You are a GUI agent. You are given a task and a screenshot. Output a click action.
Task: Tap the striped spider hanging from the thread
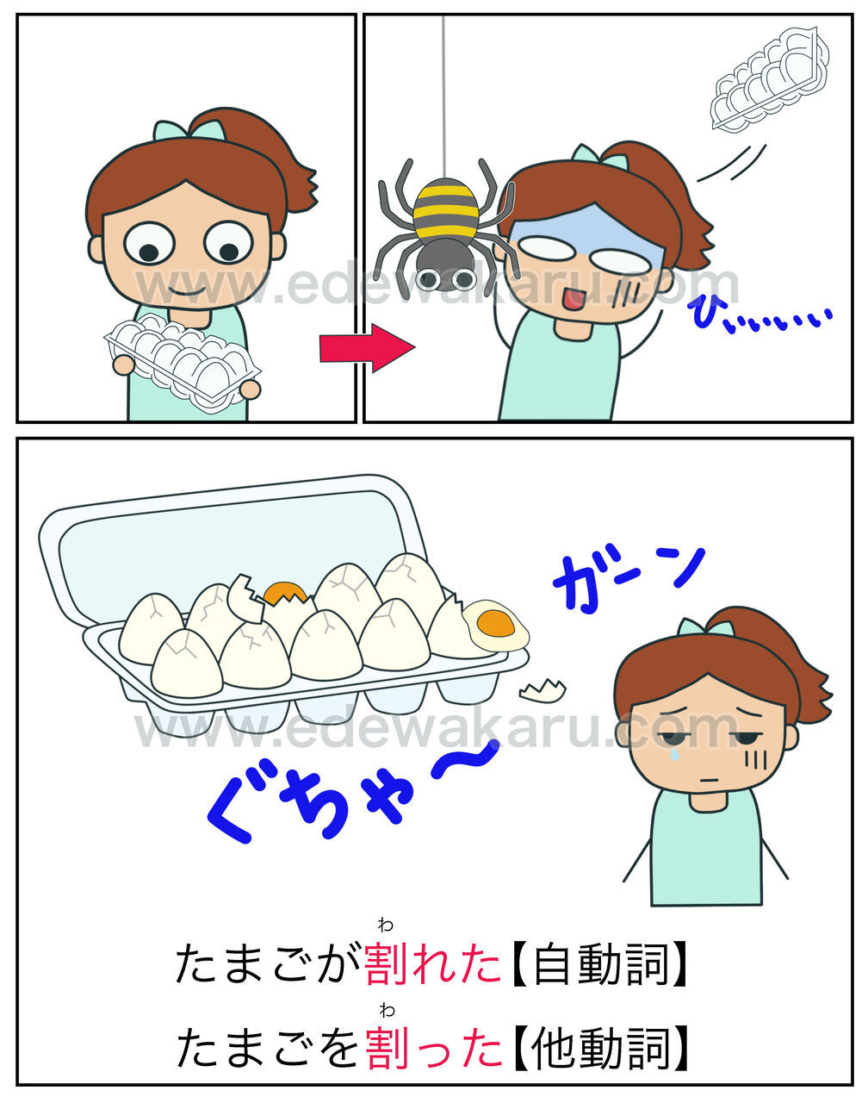pyautogui.click(x=445, y=228)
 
